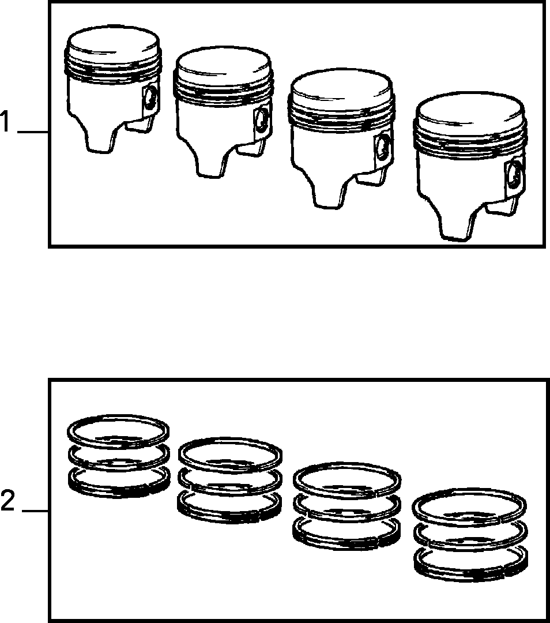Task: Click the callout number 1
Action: pos(5,122)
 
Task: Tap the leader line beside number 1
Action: pos(33,132)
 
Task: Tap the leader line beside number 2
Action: pos(35,511)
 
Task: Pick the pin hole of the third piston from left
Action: pos(383,147)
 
